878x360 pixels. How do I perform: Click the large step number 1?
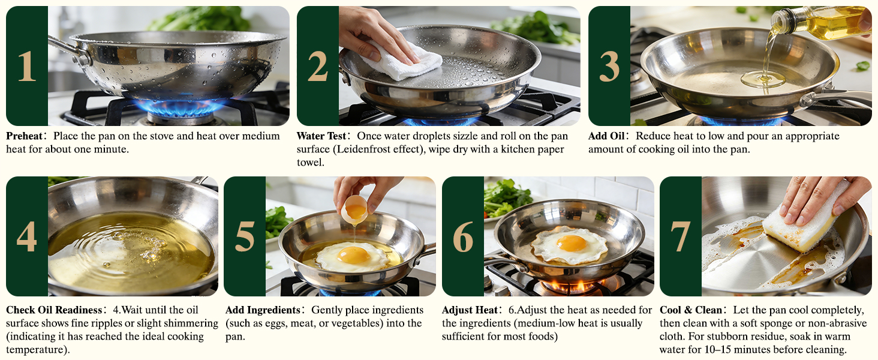(26, 66)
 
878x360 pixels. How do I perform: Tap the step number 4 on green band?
(26, 236)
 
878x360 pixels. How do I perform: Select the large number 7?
(680, 236)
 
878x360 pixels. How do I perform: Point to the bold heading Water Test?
(321, 136)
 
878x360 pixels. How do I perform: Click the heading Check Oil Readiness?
(54, 310)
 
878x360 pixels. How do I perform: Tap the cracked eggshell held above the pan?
(355, 209)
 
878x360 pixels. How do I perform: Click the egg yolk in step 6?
(571, 243)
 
